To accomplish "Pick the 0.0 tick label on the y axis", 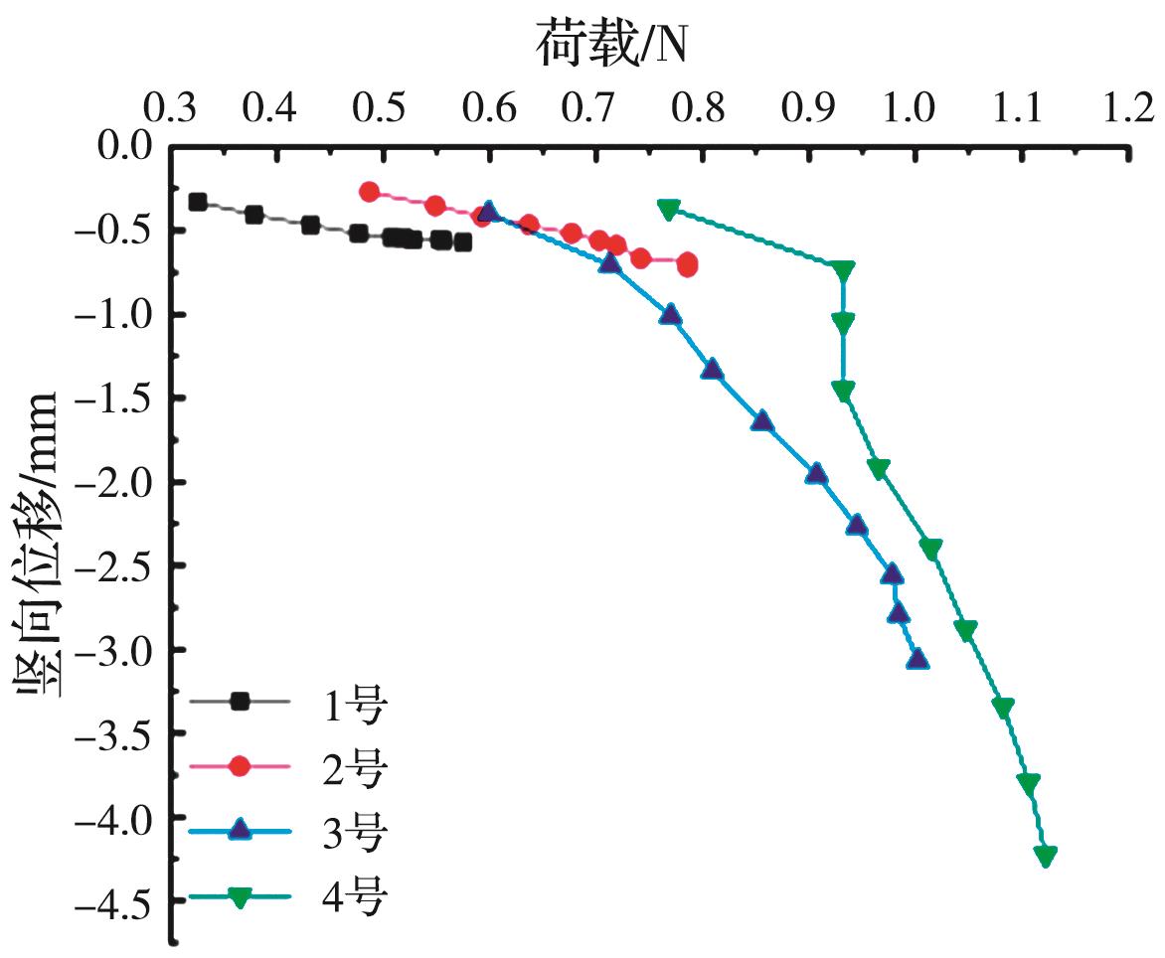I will coord(125,147).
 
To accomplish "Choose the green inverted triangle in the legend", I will coord(239,895).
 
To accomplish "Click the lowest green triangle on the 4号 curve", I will coord(1045,855).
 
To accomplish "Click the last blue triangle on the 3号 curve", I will coord(916,658).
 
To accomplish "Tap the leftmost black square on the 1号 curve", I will coord(198,202).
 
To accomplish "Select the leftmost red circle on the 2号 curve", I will coord(369,192).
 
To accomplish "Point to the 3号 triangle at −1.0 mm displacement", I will coord(671,315).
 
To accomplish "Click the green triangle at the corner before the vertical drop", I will coord(844,270).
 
